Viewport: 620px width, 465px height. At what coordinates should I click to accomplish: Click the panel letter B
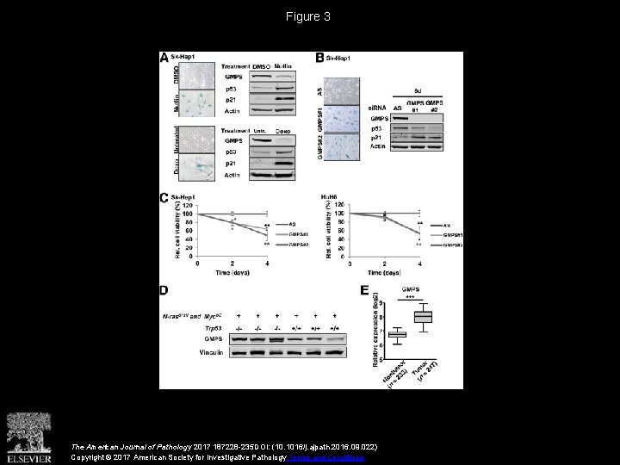pos(319,58)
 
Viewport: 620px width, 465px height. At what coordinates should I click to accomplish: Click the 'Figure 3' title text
pos(309,16)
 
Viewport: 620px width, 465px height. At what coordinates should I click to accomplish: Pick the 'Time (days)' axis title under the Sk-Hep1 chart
pos(232,274)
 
